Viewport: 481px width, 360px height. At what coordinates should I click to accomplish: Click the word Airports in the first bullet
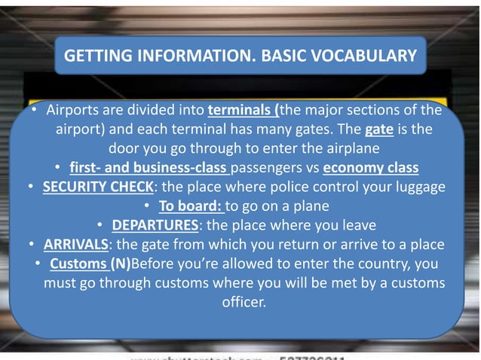pyautogui.click(x=74, y=111)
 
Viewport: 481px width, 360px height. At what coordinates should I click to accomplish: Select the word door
pyautogui.click(x=124, y=148)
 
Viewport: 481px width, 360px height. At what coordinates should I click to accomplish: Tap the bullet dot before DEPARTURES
pyautogui.click(x=101, y=224)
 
